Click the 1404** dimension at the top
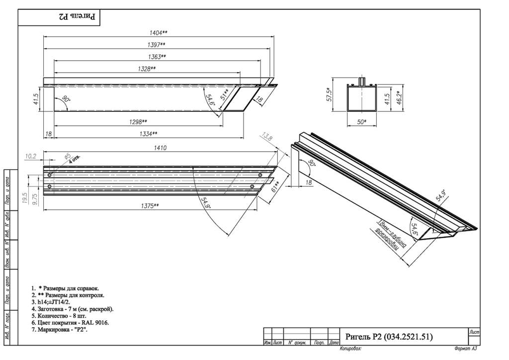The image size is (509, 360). coord(159,32)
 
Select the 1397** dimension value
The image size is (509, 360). coord(157,45)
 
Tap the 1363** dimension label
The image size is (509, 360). coord(157,57)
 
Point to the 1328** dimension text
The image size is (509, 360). coord(146,69)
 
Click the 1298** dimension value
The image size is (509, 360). coord(137,121)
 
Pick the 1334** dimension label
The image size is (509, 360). coord(148,133)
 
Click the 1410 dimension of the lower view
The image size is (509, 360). coord(160,148)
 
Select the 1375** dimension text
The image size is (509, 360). coord(149,205)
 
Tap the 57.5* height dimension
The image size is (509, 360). coord(329,94)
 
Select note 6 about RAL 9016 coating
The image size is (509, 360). coord(70,323)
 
